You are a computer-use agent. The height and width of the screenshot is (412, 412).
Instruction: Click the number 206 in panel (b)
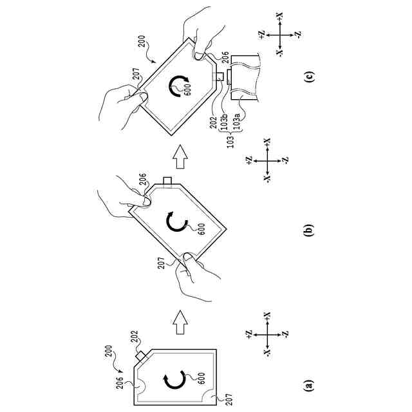[x=141, y=178]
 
